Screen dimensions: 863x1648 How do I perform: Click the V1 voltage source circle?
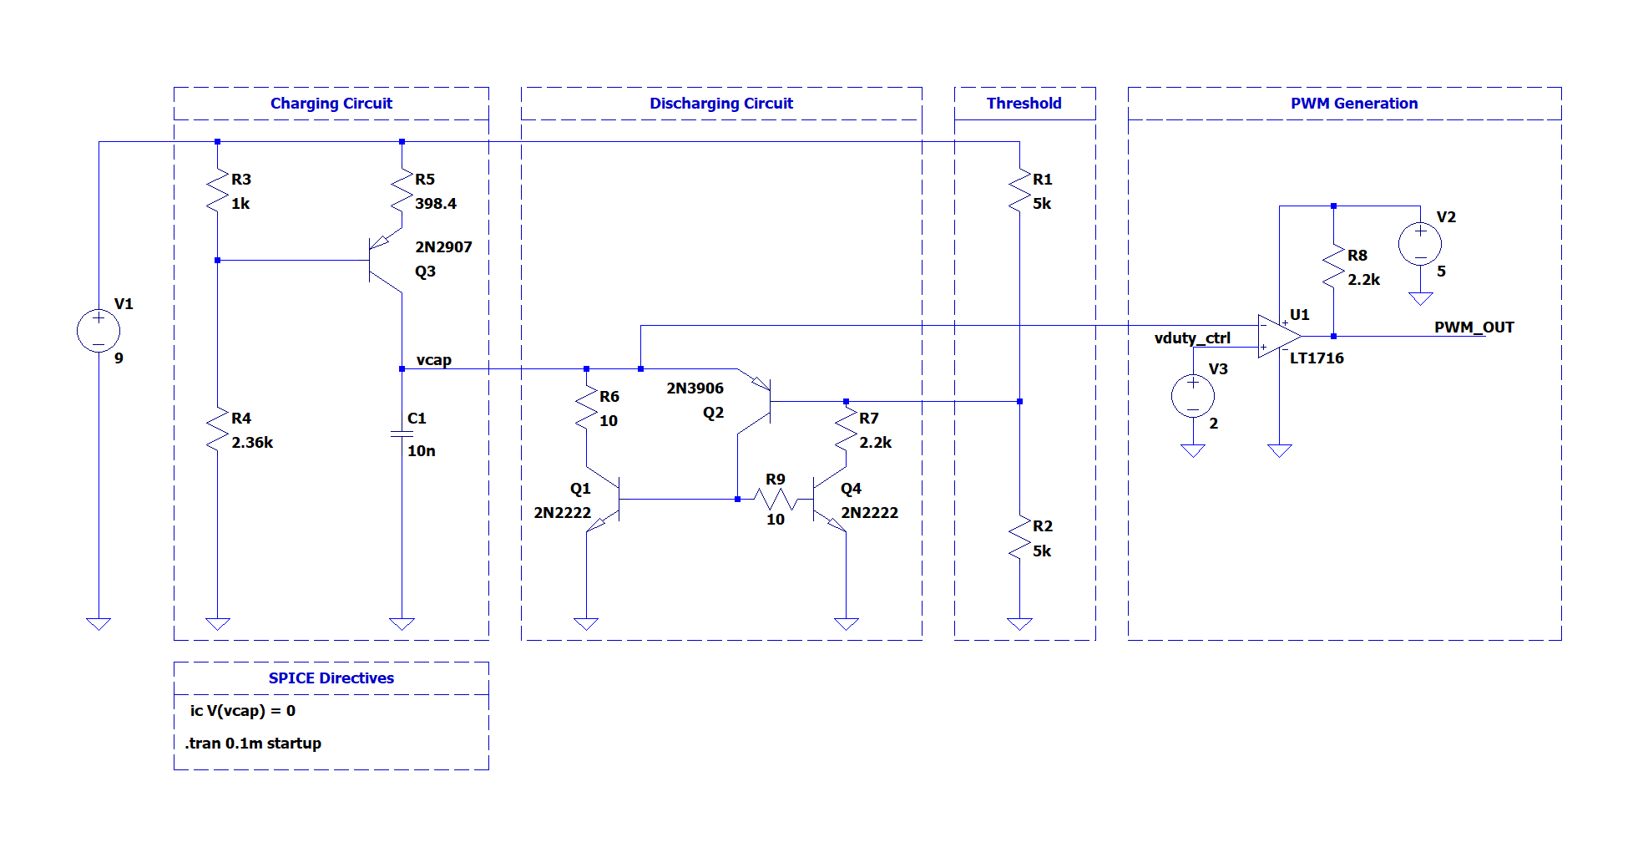99,331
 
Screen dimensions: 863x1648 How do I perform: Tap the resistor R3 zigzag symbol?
217,191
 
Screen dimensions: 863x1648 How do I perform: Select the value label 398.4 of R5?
436,204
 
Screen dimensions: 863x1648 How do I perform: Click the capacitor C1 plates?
402,434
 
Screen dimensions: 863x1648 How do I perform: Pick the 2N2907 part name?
443,247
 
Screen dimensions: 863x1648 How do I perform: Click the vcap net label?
434,360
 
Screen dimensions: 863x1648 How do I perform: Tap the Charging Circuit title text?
331,104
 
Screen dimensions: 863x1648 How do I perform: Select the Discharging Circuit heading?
721,104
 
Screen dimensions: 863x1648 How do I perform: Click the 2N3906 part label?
695,388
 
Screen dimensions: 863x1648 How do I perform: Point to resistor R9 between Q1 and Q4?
775,500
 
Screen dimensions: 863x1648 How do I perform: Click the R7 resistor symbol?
846,429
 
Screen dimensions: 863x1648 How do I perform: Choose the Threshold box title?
1024,104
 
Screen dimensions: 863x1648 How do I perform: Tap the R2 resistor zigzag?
1019,538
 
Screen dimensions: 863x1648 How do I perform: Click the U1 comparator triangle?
1277,336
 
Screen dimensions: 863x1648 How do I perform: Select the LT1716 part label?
1317,358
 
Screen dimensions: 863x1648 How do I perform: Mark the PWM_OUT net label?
1474,327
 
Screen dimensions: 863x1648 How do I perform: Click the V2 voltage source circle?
1419,244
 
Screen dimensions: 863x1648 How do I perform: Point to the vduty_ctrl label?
1191,338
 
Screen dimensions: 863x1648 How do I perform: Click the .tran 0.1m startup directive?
253,744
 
